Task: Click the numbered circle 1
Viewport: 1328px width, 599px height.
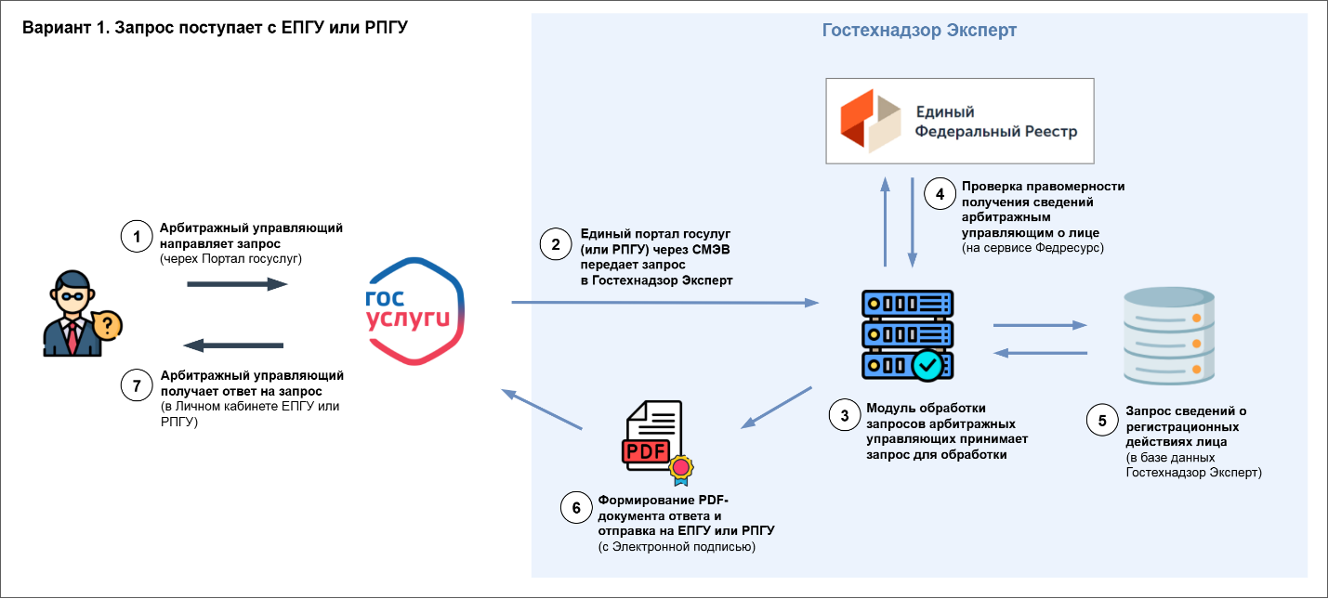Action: click(137, 237)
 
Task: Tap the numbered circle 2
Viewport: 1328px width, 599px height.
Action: click(556, 245)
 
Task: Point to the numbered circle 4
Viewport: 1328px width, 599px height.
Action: click(940, 195)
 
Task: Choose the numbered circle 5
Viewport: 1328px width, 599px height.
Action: click(1102, 420)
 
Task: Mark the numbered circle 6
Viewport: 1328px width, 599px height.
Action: click(576, 507)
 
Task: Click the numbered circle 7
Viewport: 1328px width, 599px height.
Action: click(137, 384)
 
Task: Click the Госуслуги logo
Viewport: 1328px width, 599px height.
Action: click(415, 310)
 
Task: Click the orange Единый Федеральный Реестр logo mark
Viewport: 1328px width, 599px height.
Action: click(869, 121)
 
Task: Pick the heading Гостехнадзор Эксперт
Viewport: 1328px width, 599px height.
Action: click(919, 31)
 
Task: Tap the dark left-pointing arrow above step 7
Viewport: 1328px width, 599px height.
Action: click(234, 345)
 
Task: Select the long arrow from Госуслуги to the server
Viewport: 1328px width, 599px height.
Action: click(664, 303)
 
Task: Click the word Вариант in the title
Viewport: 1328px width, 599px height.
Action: click(52, 28)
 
